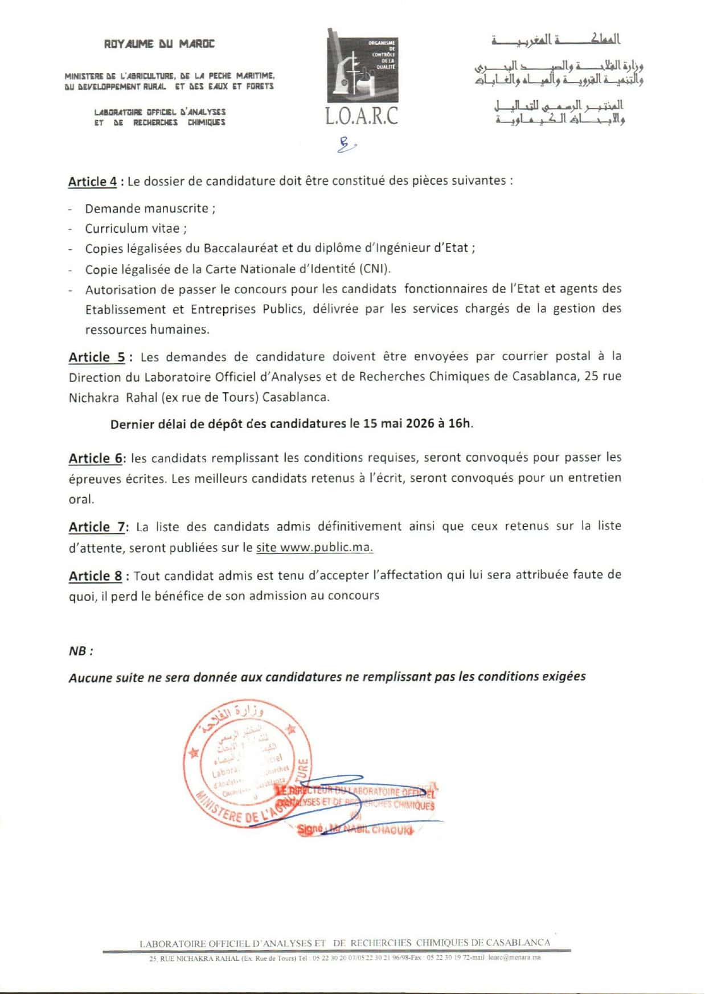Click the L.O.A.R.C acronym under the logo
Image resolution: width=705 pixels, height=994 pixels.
tap(362, 116)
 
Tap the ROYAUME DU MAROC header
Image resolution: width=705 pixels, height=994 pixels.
tap(159, 44)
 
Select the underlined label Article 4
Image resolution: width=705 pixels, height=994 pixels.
tap(92, 182)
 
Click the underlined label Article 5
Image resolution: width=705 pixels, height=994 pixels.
tap(97, 358)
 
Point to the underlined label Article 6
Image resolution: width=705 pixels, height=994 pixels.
tap(96, 458)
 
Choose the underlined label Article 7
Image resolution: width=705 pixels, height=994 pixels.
tap(97, 527)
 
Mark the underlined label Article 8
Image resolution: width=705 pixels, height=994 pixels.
tap(95, 576)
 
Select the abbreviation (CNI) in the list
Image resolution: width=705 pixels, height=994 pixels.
tap(374, 268)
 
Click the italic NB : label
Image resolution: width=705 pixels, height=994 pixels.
tap(81, 651)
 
